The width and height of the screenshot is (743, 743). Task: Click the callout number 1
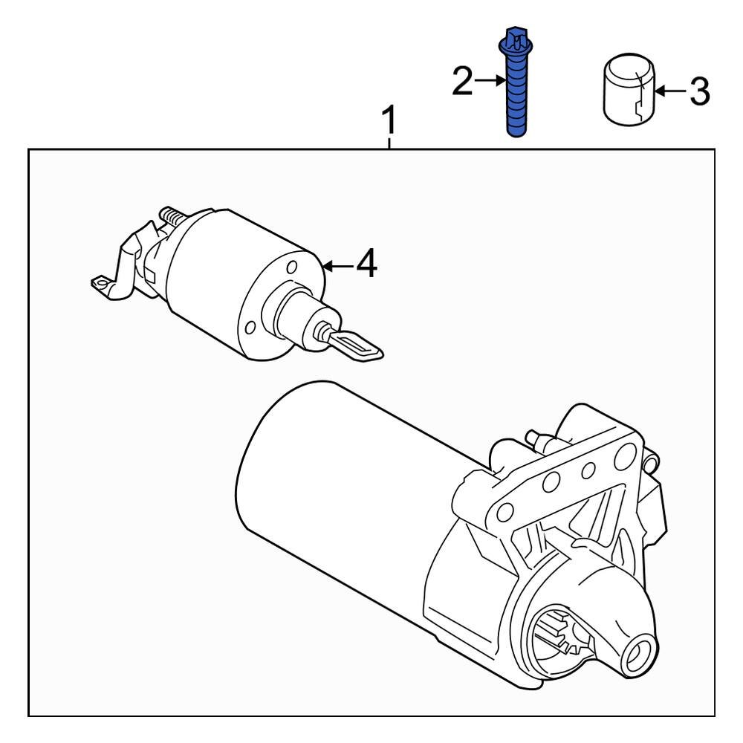click(x=389, y=120)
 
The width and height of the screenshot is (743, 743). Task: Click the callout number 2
click(x=462, y=82)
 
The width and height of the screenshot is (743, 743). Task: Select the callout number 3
click(x=699, y=92)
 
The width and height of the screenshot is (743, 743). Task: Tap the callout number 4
click(x=366, y=264)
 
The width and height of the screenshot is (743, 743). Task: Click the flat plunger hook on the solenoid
click(x=355, y=346)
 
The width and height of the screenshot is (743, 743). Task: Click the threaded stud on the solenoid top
click(x=172, y=218)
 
